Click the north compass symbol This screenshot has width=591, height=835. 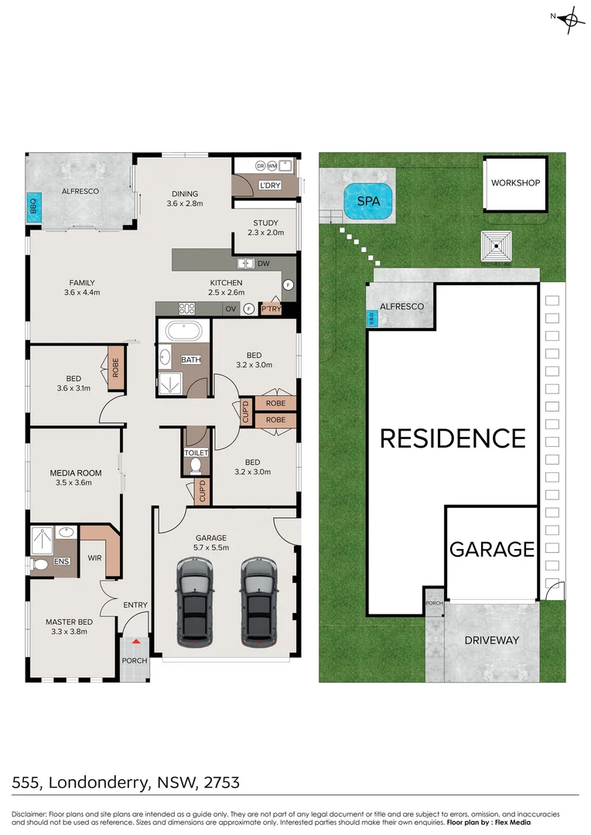pyautogui.click(x=572, y=19)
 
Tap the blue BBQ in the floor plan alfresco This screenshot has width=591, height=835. pyautogui.click(x=33, y=207)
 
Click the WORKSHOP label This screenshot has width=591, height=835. pyautogui.click(x=515, y=183)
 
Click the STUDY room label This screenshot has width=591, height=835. pyautogui.click(x=265, y=223)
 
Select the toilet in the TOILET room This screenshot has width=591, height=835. pyautogui.click(x=196, y=465)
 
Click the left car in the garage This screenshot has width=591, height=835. pyautogui.click(x=194, y=602)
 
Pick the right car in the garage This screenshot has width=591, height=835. pyautogui.click(x=258, y=602)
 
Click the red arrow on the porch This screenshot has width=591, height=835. pyautogui.click(x=136, y=640)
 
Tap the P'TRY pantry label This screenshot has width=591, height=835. pyautogui.click(x=271, y=309)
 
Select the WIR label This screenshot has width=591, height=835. pyautogui.click(x=96, y=557)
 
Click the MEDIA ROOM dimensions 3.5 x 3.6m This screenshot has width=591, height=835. pyautogui.click(x=71, y=483)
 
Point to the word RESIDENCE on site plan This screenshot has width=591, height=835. pyautogui.click(x=453, y=438)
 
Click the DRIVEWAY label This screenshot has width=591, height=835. pyautogui.click(x=491, y=640)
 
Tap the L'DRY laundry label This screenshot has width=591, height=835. pyautogui.click(x=270, y=185)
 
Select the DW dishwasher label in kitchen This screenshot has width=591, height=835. pyautogui.click(x=264, y=263)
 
